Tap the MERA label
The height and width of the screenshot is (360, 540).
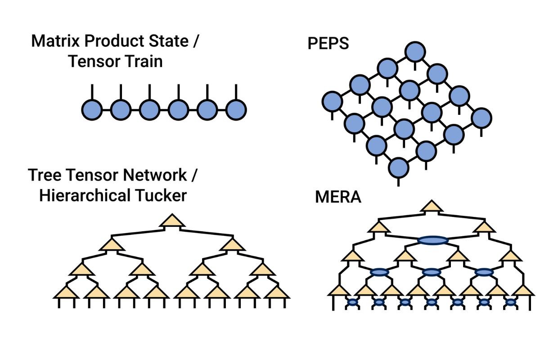click(x=338, y=197)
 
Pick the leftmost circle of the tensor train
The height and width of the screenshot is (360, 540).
click(x=93, y=109)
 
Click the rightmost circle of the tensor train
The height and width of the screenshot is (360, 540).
click(x=236, y=109)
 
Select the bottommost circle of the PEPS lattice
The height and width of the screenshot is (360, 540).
click(x=398, y=168)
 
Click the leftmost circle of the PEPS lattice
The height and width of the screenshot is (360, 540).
click(x=333, y=101)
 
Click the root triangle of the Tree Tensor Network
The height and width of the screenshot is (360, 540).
click(x=172, y=221)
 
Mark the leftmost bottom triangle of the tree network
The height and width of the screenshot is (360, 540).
click(x=66, y=293)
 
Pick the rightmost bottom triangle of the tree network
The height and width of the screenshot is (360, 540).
click(x=276, y=293)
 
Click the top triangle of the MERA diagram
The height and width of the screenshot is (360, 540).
click(x=432, y=207)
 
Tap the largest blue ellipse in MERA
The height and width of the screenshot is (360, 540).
click(x=432, y=241)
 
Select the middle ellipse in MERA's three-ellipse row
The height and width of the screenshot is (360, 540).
click(x=432, y=272)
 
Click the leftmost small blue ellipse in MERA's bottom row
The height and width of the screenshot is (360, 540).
click(x=352, y=302)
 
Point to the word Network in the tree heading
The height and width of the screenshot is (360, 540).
click(x=153, y=175)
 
